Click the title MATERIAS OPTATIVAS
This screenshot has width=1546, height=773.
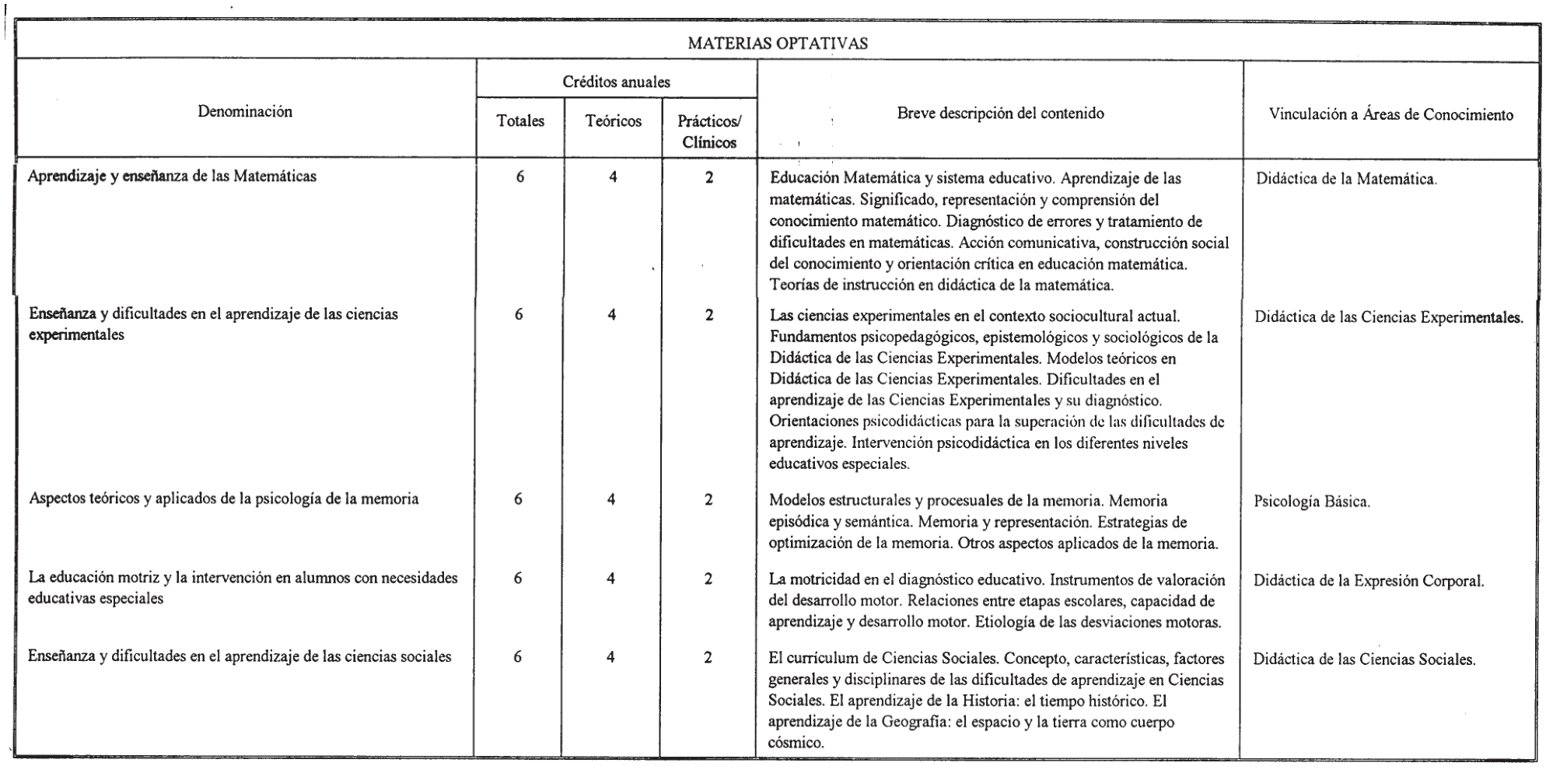tap(778, 44)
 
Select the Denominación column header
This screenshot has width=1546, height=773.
tap(245, 112)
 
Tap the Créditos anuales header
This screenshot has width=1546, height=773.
tap(617, 82)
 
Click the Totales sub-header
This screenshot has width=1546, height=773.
tap(520, 121)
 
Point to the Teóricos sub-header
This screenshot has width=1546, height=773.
tap(614, 121)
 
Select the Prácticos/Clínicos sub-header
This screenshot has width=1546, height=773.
tap(709, 132)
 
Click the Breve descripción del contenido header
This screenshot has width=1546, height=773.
tap(1000, 114)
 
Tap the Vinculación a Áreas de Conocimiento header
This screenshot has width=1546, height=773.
tap(1390, 115)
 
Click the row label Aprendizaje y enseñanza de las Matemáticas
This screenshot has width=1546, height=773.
tap(173, 177)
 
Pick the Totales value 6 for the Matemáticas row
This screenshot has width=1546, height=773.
tap(519, 177)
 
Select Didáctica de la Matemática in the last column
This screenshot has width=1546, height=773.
tap(1346, 180)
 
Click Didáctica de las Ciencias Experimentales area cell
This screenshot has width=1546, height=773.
tap(1388, 317)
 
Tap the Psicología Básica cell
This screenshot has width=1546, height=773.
tap(1312, 502)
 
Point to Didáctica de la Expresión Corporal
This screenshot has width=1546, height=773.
tap(1369, 581)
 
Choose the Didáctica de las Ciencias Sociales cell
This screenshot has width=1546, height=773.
tap(1364, 660)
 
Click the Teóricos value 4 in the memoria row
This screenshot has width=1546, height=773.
tap(611, 500)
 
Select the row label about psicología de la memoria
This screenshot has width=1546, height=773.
tap(223, 499)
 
